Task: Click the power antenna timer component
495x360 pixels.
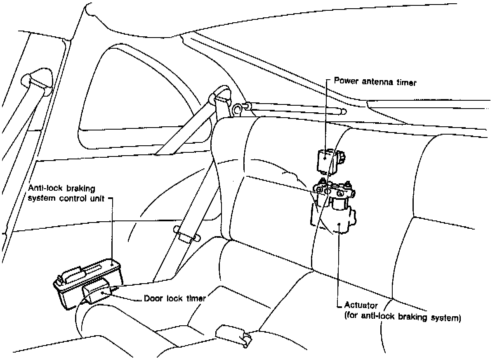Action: click(331, 161)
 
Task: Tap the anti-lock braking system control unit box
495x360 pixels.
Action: click(88, 284)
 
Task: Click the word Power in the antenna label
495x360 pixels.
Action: click(346, 81)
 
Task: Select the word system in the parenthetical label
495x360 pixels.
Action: click(446, 318)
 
